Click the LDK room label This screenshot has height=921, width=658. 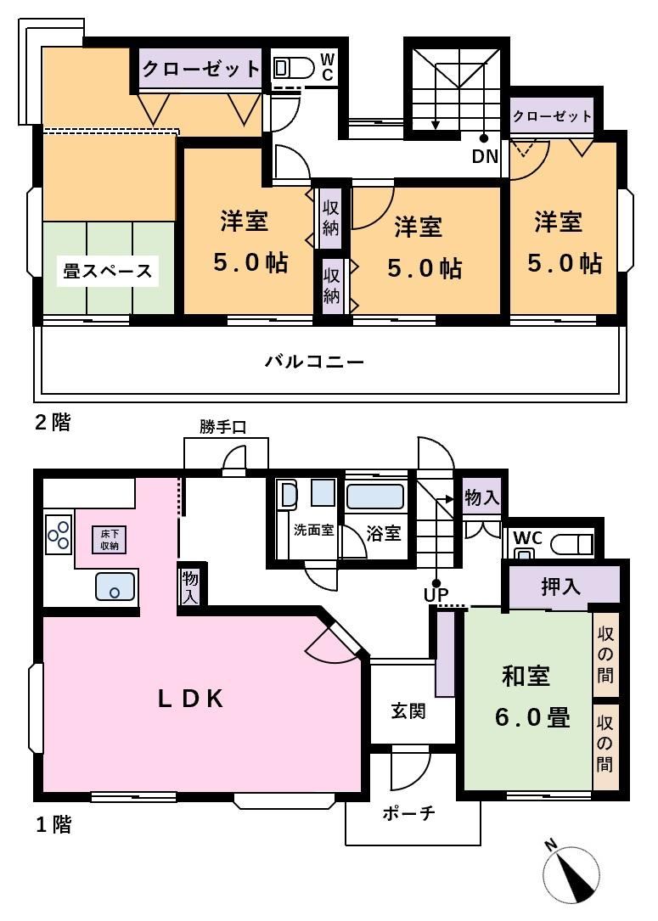point(191,699)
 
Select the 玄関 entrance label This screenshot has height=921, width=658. point(408,711)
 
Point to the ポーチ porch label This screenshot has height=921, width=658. point(409,813)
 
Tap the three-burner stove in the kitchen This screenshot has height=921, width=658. point(59,535)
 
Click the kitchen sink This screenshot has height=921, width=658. point(115,587)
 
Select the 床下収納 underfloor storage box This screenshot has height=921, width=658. point(110,539)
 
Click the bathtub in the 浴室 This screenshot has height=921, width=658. point(374,497)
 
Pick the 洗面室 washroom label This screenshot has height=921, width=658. point(314,530)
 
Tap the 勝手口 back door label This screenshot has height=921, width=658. point(222,427)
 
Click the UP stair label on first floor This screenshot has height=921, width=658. point(436,595)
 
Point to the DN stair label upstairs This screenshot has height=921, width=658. point(486,156)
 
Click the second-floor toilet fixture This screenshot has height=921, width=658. point(295,69)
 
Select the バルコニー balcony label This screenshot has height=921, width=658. point(314,361)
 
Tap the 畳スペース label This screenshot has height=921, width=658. point(108,272)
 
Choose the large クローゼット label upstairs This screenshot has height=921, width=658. point(201,70)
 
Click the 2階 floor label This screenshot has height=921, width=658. point(53,423)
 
